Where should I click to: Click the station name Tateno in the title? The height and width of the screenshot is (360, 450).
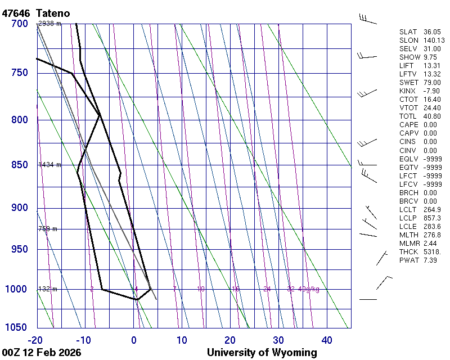(55, 12)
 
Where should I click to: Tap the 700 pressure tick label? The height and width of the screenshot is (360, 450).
(19, 24)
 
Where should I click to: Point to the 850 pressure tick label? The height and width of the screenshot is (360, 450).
(19, 165)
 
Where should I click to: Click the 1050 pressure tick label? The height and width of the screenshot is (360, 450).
(16, 328)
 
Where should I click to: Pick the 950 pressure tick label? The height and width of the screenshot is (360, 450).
(19, 249)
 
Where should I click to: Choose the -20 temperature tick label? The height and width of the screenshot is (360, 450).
(35, 340)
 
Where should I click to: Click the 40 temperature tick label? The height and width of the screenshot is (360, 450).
(327, 340)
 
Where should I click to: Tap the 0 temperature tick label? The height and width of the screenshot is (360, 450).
(134, 340)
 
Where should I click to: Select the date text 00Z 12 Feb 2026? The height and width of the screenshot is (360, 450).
(42, 353)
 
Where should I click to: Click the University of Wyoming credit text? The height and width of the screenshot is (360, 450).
(262, 353)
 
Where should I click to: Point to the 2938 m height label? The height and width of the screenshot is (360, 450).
(49, 24)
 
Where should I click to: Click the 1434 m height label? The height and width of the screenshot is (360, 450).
(49, 165)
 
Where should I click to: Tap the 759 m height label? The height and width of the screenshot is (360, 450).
(47, 229)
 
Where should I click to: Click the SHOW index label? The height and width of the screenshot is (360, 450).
(409, 57)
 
